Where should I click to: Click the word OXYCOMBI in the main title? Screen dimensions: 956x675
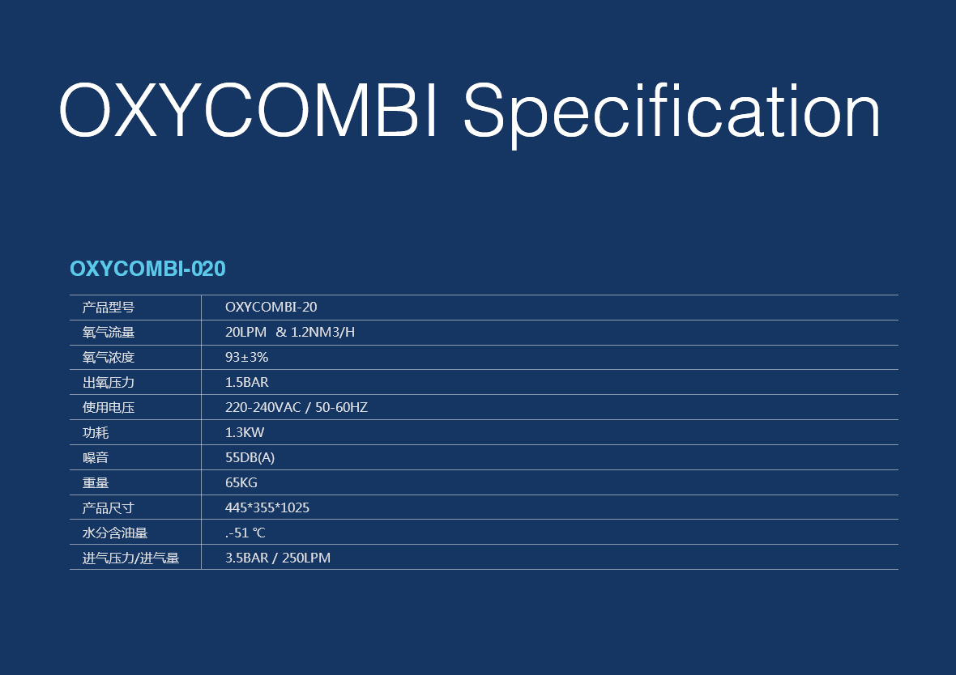[249, 110]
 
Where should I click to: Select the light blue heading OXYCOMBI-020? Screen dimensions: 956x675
[147, 269]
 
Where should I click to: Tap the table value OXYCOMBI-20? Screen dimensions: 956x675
[271, 307]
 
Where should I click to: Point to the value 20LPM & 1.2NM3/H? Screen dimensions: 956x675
[289, 332]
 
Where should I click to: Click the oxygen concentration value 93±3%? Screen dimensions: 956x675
[246, 357]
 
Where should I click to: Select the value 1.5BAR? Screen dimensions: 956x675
[246, 382]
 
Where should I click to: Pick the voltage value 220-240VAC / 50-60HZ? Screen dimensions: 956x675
[297, 407]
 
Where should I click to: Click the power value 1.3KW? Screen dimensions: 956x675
[245, 432]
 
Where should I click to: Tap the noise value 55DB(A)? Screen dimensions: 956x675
[250, 457]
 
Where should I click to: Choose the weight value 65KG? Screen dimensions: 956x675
[241, 482]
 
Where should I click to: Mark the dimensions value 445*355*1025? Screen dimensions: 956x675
[267, 507]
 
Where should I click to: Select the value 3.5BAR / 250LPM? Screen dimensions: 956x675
[277, 558]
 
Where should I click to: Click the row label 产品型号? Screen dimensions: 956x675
[109, 308]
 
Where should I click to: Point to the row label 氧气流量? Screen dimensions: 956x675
[109, 333]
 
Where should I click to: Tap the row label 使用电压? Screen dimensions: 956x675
[109, 408]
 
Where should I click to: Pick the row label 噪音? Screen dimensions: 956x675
[95, 457]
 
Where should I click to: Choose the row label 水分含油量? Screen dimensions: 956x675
[114, 533]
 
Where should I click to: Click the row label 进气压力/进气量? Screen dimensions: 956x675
[130, 558]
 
